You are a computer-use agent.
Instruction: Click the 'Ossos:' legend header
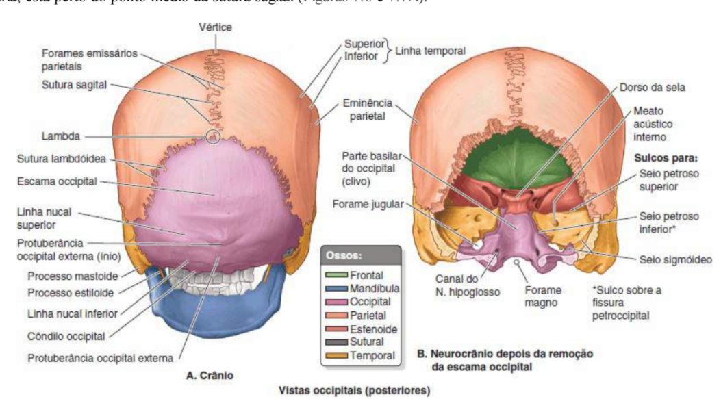point(342,261)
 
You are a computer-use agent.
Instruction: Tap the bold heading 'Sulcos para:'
point(660,157)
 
